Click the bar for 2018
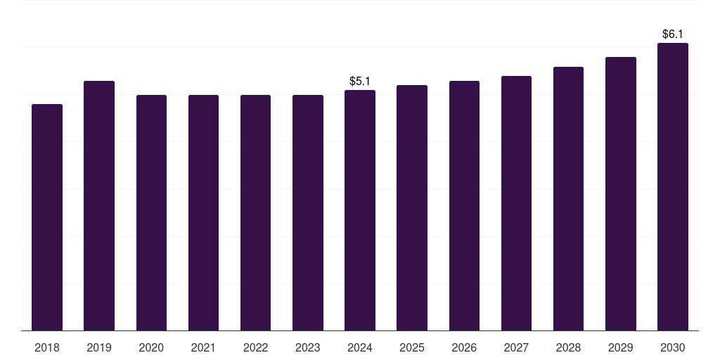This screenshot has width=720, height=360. point(47,217)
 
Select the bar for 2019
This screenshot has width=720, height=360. point(99,205)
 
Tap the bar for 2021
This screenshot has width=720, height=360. point(203,212)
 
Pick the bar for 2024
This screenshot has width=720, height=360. point(360,210)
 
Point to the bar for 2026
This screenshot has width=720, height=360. point(464,205)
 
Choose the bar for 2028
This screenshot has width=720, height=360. point(568,198)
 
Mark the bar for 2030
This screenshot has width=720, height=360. point(673,186)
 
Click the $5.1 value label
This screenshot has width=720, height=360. point(360,82)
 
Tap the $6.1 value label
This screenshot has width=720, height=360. point(673,34)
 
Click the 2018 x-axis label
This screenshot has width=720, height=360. point(47,348)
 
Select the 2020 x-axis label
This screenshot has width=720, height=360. point(151,348)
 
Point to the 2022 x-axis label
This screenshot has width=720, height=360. point(255,348)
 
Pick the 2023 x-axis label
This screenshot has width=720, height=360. point(308,348)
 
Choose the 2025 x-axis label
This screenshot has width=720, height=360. point(412,348)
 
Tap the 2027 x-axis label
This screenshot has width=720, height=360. point(516,348)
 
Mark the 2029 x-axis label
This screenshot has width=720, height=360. point(621,348)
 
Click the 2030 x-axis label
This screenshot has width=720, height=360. point(673,348)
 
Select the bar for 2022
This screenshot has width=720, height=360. point(255,212)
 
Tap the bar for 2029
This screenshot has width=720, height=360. point(621,193)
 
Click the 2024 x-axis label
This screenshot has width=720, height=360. point(360,348)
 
